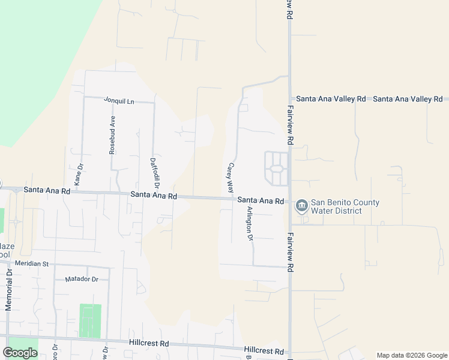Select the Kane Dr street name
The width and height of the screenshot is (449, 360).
click(x=79, y=174)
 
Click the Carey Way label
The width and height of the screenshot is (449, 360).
click(x=230, y=177)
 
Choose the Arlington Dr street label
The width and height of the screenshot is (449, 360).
click(x=250, y=224)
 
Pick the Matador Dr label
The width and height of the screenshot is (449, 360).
click(x=81, y=279)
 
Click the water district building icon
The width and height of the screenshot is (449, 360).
click(x=301, y=206)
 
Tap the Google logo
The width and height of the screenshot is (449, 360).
click(x=20, y=352)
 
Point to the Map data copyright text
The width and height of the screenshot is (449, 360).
click(x=412, y=355)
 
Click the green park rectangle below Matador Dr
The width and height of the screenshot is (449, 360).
click(x=90, y=320)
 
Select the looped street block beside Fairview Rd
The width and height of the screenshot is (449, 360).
click(x=277, y=169)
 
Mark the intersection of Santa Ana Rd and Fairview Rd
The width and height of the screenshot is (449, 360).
click(x=289, y=202)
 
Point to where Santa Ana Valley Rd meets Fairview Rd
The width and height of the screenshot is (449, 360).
click(x=289, y=99)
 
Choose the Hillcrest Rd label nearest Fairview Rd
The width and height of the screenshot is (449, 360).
click(x=264, y=350)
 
